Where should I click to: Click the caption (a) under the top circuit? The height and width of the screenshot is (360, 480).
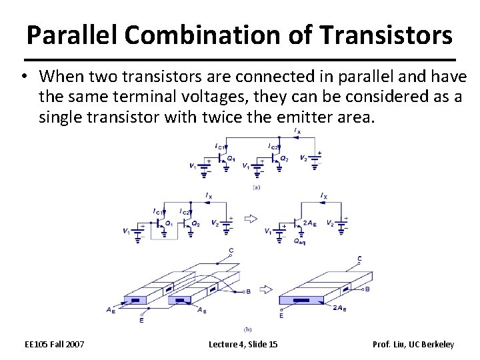tap(256, 188)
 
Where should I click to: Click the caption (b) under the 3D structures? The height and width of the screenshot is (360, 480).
tap(249, 329)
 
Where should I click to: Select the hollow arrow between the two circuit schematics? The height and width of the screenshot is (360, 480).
tap(251, 218)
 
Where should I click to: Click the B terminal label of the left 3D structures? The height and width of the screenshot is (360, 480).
tap(249, 292)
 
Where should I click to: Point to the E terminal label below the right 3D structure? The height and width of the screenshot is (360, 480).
tap(281, 316)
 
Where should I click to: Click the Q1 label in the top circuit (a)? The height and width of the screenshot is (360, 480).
tap(231, 158)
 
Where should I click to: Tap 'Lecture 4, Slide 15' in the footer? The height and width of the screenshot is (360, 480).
tap(243, 344)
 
